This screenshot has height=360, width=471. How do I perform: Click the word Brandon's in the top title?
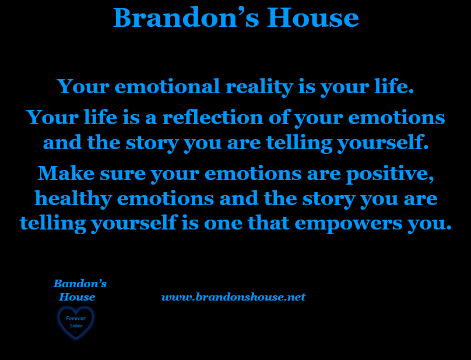(x=186, y=17)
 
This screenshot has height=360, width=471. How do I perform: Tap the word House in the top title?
(x=312, y=17)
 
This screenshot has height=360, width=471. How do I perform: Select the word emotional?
(x=167, y=86)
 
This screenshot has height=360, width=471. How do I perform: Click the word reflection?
(x=213, y=117)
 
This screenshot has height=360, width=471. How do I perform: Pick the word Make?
(x=66, y=173)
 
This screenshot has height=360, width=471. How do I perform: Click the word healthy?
(x=73, y=199)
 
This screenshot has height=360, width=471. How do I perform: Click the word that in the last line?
(x=269, y=223)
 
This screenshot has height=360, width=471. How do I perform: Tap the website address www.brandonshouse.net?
(x=233, y=297)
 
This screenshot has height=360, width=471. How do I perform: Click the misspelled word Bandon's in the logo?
(x=80, y=284)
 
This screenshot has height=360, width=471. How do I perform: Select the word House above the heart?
(x=77, y=297)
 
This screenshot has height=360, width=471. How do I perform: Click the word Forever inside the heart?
(x=76, y=318)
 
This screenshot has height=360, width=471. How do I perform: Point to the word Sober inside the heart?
(x=76, y=326)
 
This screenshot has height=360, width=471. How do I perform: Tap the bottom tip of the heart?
(x=76, y=339)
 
